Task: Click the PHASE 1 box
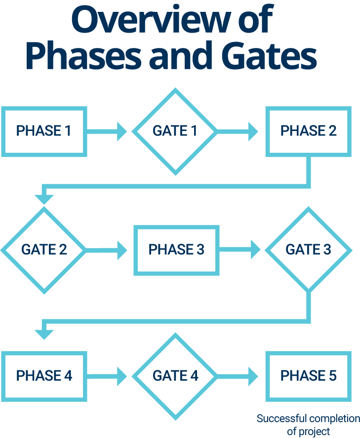point(44,131)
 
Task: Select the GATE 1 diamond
point(175,131)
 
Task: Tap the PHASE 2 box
point(309,131)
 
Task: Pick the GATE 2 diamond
point(44,250)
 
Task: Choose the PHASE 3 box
point(176,250)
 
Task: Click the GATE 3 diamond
point(308,250)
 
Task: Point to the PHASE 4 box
point(44,376)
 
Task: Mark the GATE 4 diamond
point(175,376)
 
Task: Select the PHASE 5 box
point(309,376)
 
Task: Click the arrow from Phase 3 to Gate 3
point(240,250)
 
